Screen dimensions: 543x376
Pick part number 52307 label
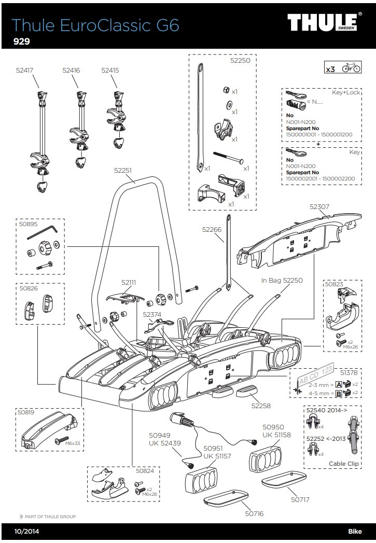319,206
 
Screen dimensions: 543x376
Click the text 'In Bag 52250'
282,280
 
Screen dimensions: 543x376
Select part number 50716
254,513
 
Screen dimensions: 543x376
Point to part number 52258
261,406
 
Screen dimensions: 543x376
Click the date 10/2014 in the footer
26,532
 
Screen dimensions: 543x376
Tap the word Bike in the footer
356,532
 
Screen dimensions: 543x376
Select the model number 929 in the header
21,41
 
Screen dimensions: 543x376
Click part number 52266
212,228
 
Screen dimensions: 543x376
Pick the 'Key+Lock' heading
346,92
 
